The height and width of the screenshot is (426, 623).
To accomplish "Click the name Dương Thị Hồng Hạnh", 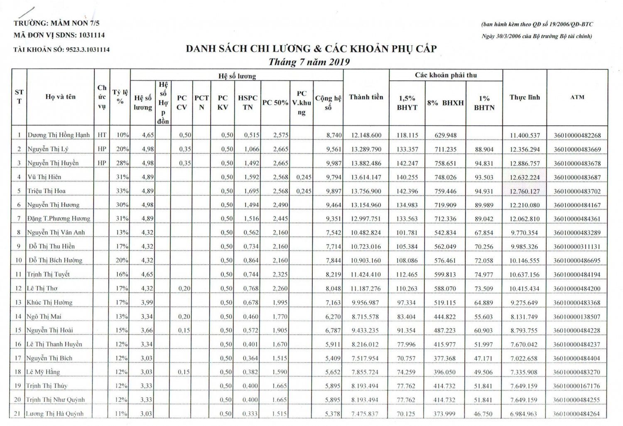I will click(59, 135).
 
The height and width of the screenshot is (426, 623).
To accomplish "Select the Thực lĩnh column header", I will click(525, 97).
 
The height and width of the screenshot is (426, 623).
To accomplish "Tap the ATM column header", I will click(577, 97).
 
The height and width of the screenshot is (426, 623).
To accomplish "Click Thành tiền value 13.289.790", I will click(366, 149).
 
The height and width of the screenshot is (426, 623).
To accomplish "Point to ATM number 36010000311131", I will click(577, 247).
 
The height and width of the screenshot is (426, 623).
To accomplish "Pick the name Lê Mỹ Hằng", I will click(43, 372).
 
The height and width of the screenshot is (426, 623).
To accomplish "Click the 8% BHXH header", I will click(445, 103).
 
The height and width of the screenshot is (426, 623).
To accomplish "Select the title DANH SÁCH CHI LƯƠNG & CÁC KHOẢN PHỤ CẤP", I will click(311, 49).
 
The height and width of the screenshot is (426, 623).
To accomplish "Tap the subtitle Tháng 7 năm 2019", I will click(309, 62).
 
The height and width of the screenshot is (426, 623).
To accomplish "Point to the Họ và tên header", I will click(60, 97).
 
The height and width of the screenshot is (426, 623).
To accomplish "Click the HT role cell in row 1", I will click(102, 135).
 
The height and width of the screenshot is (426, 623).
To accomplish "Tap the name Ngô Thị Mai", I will click(44, 316).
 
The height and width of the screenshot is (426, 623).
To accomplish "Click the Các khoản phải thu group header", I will click(446, 75).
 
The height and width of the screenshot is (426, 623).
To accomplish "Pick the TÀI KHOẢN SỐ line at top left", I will click(61, 49).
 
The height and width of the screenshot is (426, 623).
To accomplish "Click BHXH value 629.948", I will click(445, 135).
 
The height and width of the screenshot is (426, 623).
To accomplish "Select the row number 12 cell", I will click(18, 289).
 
